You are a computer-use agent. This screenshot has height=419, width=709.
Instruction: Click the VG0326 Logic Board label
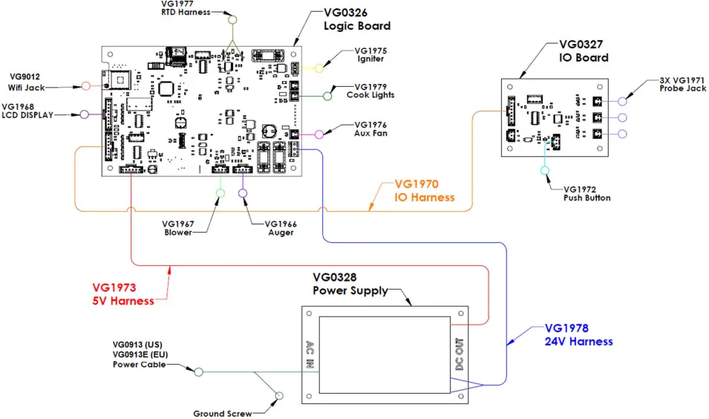(356, 20)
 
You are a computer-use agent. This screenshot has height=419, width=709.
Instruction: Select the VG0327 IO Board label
(584, 51)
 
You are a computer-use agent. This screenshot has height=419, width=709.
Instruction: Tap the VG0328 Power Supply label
(350, 284)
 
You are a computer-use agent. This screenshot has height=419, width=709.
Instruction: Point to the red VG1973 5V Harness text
(123, 294)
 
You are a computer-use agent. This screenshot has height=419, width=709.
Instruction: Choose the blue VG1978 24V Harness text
(578, 335)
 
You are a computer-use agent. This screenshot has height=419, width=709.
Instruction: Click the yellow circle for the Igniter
(319, 68)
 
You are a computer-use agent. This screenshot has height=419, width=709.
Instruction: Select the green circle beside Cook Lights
(327, 95)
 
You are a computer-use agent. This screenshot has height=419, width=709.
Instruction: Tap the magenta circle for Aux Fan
(319, 134)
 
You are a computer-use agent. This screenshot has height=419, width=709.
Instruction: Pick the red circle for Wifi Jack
(85, 86)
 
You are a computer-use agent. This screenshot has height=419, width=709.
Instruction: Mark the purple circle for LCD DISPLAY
(85, 114)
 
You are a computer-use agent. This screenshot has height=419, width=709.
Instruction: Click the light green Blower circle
(220, 193)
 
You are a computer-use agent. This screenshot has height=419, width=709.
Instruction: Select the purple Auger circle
(243, 193)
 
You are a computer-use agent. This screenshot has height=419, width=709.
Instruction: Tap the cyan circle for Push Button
(546, 171)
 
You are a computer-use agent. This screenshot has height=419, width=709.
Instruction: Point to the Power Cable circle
(198, 371)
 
